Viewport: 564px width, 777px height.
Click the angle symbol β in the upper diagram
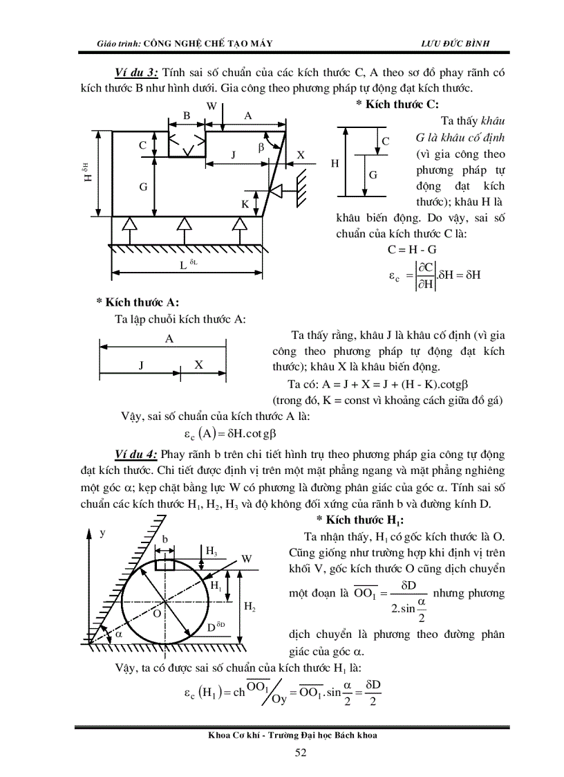coord(261,147)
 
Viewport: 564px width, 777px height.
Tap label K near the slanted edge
coord(245,204)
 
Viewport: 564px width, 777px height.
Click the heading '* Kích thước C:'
coord(397,104)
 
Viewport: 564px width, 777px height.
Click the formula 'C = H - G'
coord(413,250)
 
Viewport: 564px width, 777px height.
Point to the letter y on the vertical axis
coord(102,533)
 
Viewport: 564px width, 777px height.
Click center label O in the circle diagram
coord(156,613)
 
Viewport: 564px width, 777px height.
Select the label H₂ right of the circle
coord(250,607)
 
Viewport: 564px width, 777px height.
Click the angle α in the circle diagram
coord(117,633)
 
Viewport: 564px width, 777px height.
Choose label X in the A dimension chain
coord(198,365)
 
